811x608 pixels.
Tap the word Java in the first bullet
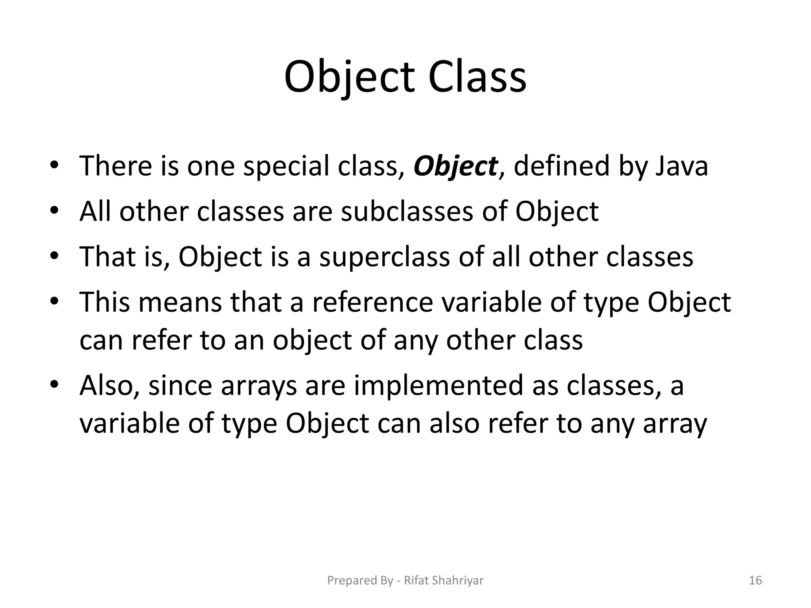[682, 166]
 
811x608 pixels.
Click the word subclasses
[407, 211]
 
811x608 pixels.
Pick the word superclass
[385, 256]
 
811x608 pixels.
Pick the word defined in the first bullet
[562, 166]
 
